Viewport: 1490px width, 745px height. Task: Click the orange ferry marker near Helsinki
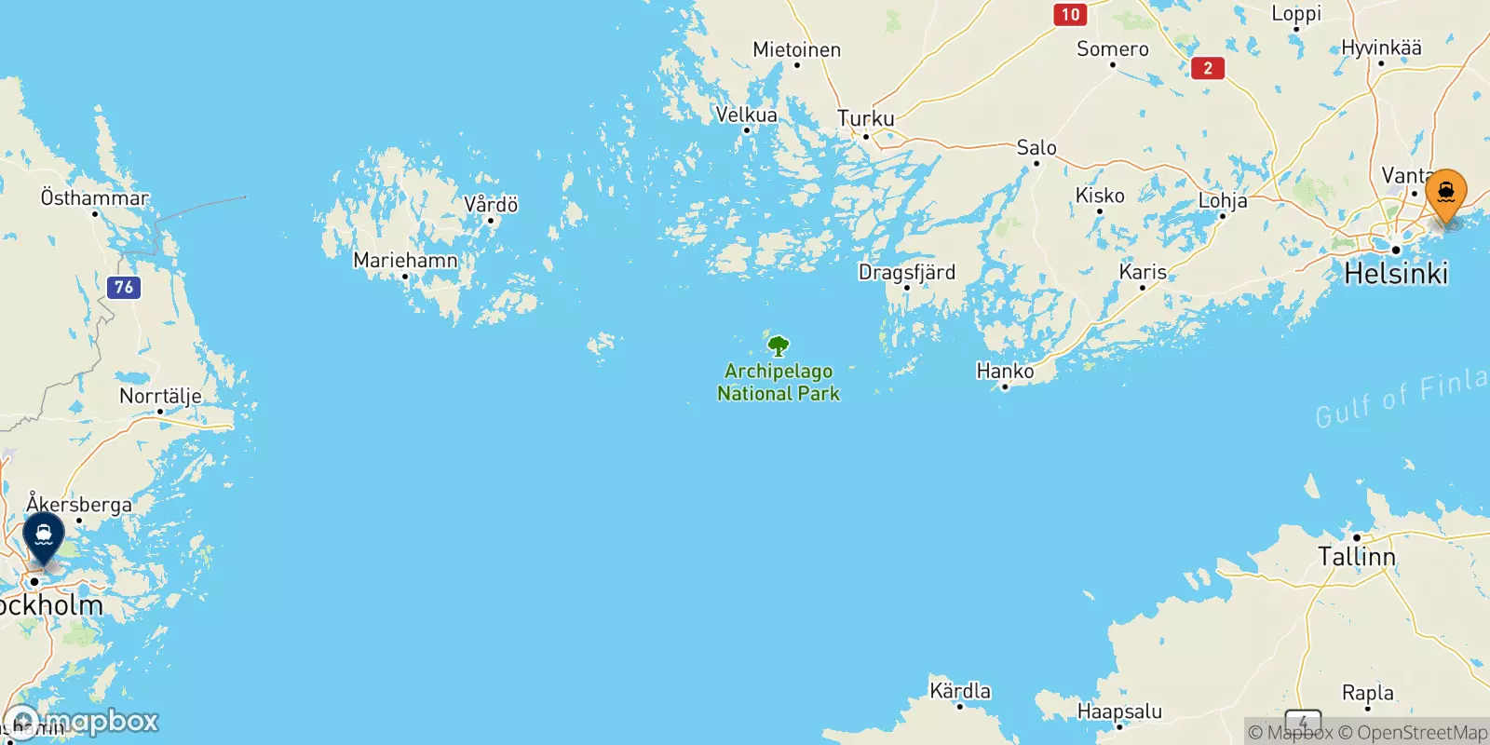[x=1445, y=194]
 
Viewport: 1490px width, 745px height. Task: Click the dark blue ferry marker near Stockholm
[x=44, y=536]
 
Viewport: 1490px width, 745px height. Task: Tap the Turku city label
[x=865, y=118]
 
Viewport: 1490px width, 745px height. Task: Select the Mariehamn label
[x=405, y=260]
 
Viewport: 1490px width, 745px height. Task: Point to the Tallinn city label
[x=1356, y=557]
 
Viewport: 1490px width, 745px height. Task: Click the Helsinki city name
[x=1396, y=273]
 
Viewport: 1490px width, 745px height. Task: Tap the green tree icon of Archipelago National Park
[x=779, y=346]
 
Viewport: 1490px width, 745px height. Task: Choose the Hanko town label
[x=1005, y=371]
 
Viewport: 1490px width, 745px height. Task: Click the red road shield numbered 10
[x=1070, y=14]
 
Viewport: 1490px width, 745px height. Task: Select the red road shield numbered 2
[x=1208, y=68]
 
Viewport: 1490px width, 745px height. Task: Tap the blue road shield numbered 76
[x=124, y=287]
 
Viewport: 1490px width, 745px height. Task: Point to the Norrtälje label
[x=160, y=396]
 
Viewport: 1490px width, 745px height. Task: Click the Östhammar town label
[x=94, y=197]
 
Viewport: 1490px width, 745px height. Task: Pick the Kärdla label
[x=960, y=691]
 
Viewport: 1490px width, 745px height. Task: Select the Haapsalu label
[x=1119, y=711]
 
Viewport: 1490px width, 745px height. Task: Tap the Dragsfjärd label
[x=906, y=272]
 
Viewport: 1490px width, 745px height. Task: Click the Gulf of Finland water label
[x=1402, y=396]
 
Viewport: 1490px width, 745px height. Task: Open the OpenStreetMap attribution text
[x=1413, y=733]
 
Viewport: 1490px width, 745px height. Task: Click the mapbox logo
[x=84, y=722]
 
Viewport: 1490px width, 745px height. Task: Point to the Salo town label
[x=1036, y=147]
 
